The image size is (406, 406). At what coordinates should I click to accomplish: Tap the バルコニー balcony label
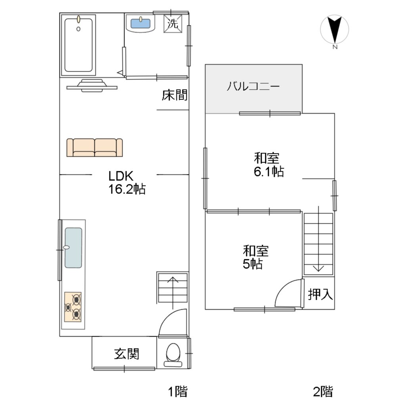[253, 87]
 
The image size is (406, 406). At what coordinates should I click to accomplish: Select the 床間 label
[174, 95]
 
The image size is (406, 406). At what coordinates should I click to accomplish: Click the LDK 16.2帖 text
[127, 182]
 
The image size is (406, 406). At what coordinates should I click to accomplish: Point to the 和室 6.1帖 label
[268, 165]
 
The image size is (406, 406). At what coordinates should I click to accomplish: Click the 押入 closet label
[320, 294]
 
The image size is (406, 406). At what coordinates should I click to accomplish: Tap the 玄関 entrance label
[127, 353]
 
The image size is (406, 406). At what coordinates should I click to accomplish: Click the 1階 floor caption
[177, 392]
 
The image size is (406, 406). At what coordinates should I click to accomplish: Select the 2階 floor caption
[323, 392]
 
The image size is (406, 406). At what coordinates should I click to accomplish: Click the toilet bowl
[173, 352]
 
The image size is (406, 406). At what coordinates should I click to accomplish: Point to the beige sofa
[94, 147]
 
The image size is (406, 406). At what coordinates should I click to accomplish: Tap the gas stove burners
[73, 306]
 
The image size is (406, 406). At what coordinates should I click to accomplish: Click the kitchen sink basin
[73, 248]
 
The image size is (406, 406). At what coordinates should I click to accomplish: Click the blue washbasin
[141, 23]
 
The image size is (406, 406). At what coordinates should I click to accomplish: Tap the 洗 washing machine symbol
[172, 23]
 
